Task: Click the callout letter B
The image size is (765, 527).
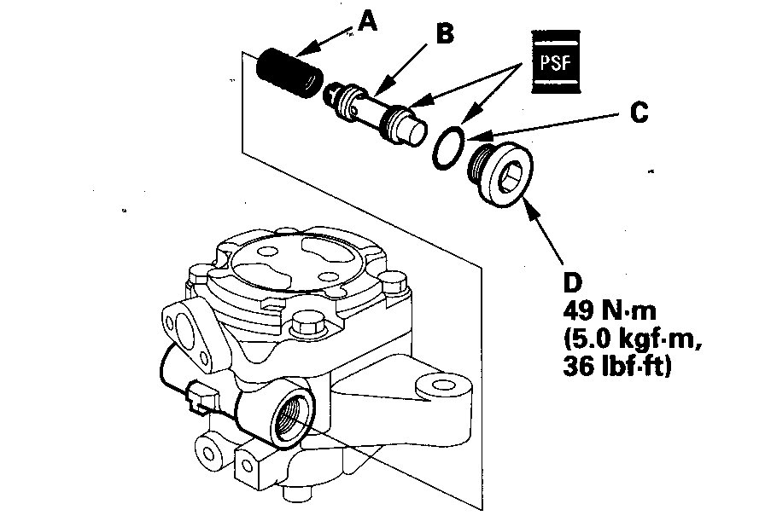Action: pyautogui.click(x=444, y=34)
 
